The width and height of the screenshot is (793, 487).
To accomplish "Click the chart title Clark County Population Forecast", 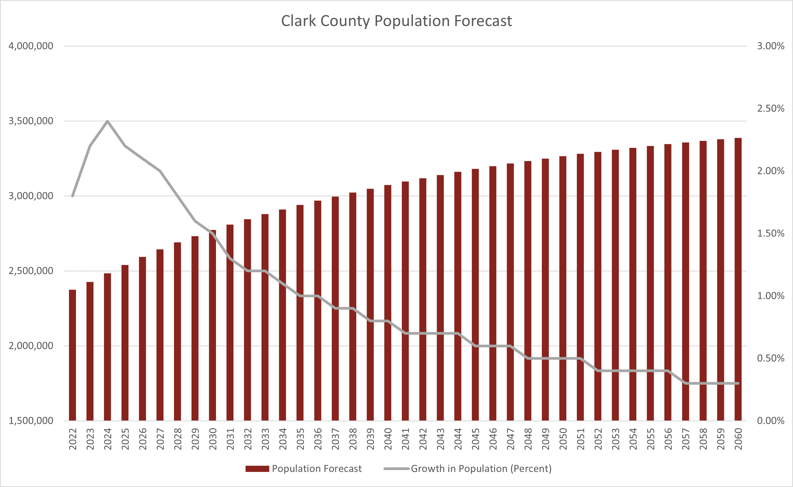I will pos(396,21).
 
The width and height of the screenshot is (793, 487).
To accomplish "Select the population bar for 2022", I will pos(72,354).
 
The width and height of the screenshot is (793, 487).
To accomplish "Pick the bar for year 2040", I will pos(388,303).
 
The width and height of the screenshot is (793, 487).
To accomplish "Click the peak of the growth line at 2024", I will pos(108,121).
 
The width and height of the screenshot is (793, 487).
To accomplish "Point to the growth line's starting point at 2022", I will pos(72,196).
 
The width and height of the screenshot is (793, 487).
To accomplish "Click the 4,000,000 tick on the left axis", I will pos(31,46).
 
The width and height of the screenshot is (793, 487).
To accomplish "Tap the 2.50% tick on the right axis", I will pos(770,108).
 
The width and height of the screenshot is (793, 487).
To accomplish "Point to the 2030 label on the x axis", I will pos(212,439).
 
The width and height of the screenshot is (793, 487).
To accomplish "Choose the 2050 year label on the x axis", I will pos(563,439).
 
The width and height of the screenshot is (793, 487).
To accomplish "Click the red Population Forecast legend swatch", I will pos(257,469).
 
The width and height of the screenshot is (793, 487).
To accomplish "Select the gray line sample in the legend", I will pos(396,469).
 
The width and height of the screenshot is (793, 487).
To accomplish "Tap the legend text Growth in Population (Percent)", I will pos(481,469).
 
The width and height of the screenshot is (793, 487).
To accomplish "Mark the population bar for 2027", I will pos(160,335).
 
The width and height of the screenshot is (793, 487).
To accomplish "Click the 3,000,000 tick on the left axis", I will pos(31,196).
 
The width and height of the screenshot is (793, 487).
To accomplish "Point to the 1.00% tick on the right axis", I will pos(770,296).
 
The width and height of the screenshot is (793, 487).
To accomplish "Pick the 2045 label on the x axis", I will pos(476,439).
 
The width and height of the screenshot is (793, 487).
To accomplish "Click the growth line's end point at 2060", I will pos(738,383).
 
